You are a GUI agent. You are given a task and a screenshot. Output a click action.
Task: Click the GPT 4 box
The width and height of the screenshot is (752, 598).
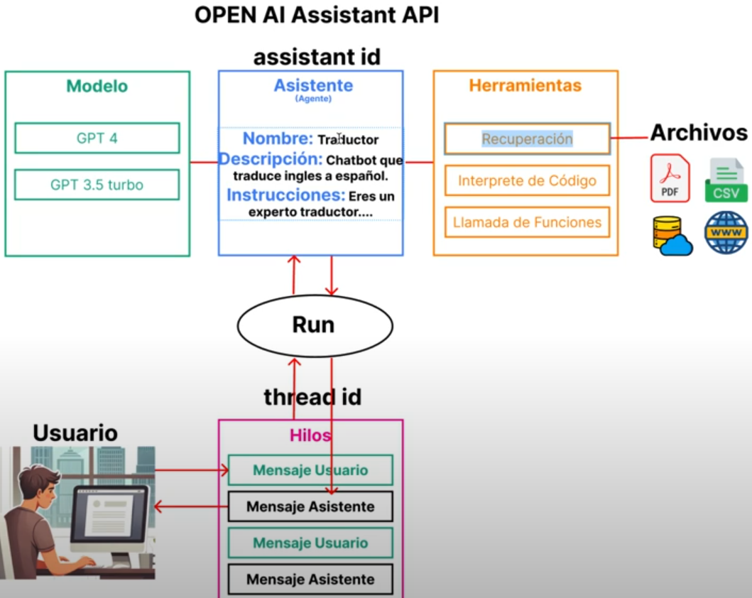[97, 138]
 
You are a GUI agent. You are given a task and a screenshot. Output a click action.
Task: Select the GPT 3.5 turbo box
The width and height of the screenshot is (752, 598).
[97, 185]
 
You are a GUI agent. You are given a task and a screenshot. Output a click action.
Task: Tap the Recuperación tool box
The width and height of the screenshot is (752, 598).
[527, 139]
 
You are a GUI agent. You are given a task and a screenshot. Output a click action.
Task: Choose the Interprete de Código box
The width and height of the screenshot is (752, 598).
[527, 180]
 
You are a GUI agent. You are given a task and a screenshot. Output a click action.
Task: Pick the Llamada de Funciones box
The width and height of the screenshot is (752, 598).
[527, 222]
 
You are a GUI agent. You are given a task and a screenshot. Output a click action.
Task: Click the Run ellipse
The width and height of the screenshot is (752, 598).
[314, 325]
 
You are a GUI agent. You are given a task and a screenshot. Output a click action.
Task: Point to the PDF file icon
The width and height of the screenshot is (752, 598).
[670, 178]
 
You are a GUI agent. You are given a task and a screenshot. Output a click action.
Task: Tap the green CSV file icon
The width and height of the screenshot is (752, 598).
[726, 180]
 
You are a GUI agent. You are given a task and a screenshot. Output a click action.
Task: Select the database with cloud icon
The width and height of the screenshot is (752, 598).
[671, 235]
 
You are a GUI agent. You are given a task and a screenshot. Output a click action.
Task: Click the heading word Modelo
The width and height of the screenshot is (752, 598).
[97, 87]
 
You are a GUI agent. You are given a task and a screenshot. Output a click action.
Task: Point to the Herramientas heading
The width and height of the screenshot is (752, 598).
[525, 86]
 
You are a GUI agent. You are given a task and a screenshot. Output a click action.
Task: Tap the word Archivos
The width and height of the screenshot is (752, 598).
[699, 132]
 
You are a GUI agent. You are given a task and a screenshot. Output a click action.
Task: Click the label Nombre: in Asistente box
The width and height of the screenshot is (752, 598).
[278, 138]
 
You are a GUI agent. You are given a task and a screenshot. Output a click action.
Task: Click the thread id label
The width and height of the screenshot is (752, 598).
[312, 397]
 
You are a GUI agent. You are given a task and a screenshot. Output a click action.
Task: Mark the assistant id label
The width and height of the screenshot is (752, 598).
[317, 57]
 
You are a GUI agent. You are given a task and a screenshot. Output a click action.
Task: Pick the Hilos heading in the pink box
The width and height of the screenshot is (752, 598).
[310, 435]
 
